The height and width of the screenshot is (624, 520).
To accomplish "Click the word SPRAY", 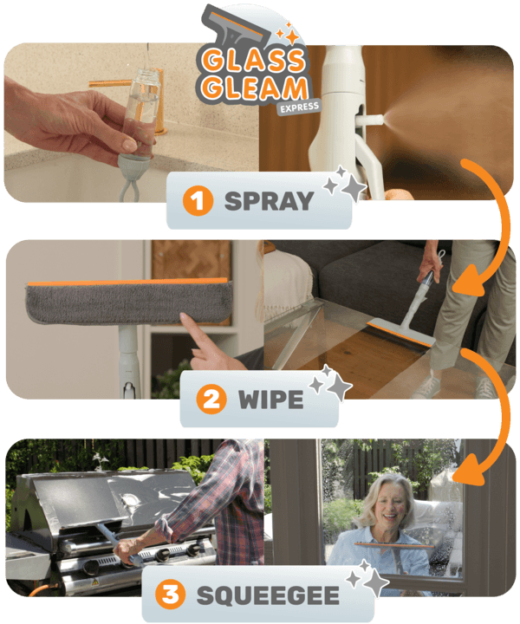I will (269, 202).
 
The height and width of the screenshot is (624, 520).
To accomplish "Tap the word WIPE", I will (272, 400).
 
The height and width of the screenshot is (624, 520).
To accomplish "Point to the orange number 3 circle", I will (172, 595).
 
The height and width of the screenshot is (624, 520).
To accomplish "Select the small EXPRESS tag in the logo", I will (299, 107).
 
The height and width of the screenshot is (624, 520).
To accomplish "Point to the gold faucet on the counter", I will (121, 84).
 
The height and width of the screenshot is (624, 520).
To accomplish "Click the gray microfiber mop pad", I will (130, 303).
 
